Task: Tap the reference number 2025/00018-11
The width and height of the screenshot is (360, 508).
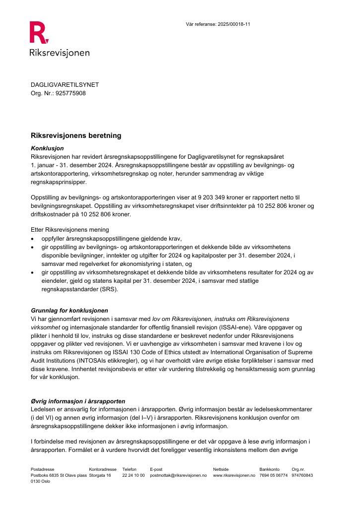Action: (x=233, y=24)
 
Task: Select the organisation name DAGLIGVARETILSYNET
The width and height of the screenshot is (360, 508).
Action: (x=65, y=85)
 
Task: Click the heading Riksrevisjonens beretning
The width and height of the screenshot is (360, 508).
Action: (x=76, y=135)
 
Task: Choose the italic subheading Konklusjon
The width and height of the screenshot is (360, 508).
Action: (x=47, y=148)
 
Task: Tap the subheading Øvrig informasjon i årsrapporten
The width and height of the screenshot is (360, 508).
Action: (x=78, y=401)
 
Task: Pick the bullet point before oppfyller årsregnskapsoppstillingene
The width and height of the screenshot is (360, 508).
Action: (x=33, y=239)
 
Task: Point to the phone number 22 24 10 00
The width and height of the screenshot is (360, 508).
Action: (x=133, y=475)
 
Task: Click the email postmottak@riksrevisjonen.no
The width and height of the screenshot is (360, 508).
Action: (x=178, y=475)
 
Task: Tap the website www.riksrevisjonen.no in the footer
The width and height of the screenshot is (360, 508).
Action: (x=234, y=475)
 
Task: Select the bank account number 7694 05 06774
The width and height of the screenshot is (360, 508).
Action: (x=273, y=475)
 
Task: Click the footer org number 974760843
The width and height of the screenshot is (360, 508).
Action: (x=302, y=475)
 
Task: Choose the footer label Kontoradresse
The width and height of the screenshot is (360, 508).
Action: (x=103, y=469)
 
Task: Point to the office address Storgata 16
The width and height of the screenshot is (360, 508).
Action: (x=100, y=475)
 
